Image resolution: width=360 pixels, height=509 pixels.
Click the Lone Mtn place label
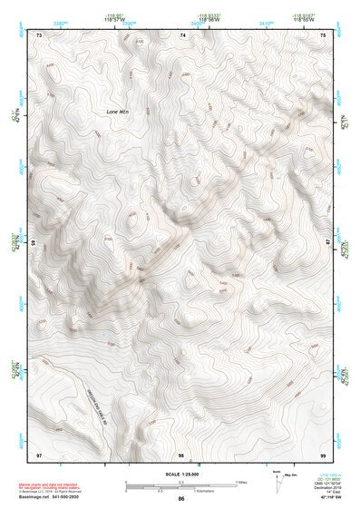point(118,112)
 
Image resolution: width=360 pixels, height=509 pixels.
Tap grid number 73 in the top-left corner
point(39,34)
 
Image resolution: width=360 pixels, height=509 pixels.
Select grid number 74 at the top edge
point(183,34)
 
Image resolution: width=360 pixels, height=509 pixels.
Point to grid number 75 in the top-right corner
point(324,34)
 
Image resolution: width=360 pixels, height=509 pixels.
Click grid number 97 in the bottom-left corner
point(38,454)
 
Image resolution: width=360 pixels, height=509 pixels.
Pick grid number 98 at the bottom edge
point(181,454)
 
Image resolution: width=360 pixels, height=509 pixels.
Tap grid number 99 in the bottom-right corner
point(324,454)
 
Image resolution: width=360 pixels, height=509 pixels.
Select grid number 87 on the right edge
point(328,242)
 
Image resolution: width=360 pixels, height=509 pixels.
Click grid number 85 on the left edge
point(34,243)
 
